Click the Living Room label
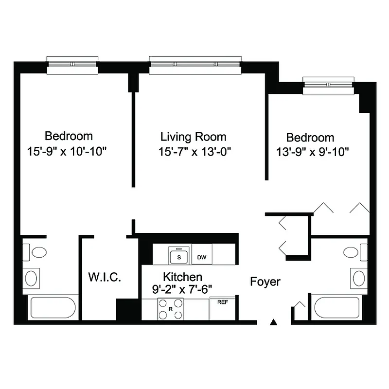coord(194,137)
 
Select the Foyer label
coord(265,282)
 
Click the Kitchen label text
coord(182,277)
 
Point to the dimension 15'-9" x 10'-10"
coord(67,151)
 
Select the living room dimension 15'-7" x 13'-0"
coord(194,151)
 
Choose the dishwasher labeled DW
coord(201,256)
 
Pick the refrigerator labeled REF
coord(223,308)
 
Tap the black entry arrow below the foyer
coord(274,321)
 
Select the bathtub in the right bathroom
coord(336,307)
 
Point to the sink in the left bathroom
coord(31,279)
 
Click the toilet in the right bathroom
coord(354,252)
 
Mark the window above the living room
coord(195,65)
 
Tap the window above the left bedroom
coord(72,65)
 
